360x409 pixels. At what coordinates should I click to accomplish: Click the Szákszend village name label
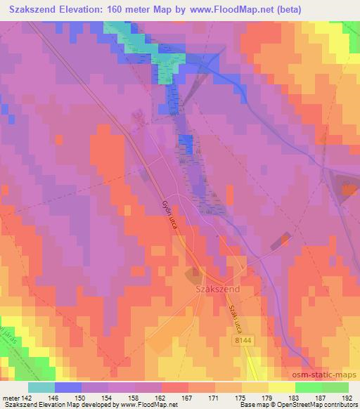click(x=213, y=289)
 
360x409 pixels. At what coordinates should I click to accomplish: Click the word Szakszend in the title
click(x=33, y=7)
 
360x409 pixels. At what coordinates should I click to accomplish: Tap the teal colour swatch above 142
click(x=41, y=387)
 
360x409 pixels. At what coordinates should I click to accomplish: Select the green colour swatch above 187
click(x=308, y=387)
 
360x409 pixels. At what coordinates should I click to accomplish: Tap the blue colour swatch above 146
click(x=67, y=387)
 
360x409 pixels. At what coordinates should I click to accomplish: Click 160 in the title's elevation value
click(x=118, y=7)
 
